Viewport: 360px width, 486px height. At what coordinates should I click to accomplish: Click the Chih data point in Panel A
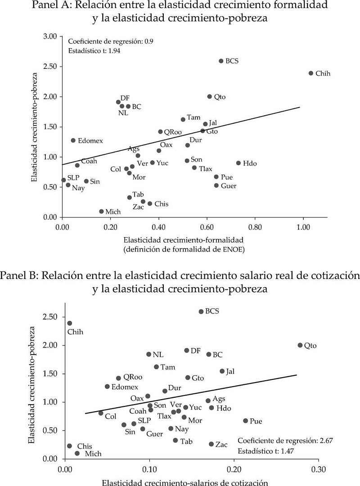[x=311, y=73]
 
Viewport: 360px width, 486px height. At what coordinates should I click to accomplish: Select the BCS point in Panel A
[x=221, y=61]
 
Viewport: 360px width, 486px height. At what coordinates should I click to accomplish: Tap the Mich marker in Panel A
[x=101, y=211]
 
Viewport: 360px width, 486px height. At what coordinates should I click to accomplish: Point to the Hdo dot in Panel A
[x=238, y=163]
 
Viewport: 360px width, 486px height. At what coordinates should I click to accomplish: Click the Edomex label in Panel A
[x=90, y=141]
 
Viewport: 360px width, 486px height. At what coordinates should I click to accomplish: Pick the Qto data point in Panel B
[x=300, y=345]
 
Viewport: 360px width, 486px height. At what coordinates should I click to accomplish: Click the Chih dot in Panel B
[x=70, y=323]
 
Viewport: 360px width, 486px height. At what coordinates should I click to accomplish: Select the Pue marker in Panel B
[x=246, y=421]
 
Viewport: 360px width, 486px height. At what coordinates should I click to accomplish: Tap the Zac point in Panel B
[x=211, y=444]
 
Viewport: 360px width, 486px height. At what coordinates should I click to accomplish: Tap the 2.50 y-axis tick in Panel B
[x=50, y=317]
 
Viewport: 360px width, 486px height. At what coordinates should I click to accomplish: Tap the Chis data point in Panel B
[x=69, y=446]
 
